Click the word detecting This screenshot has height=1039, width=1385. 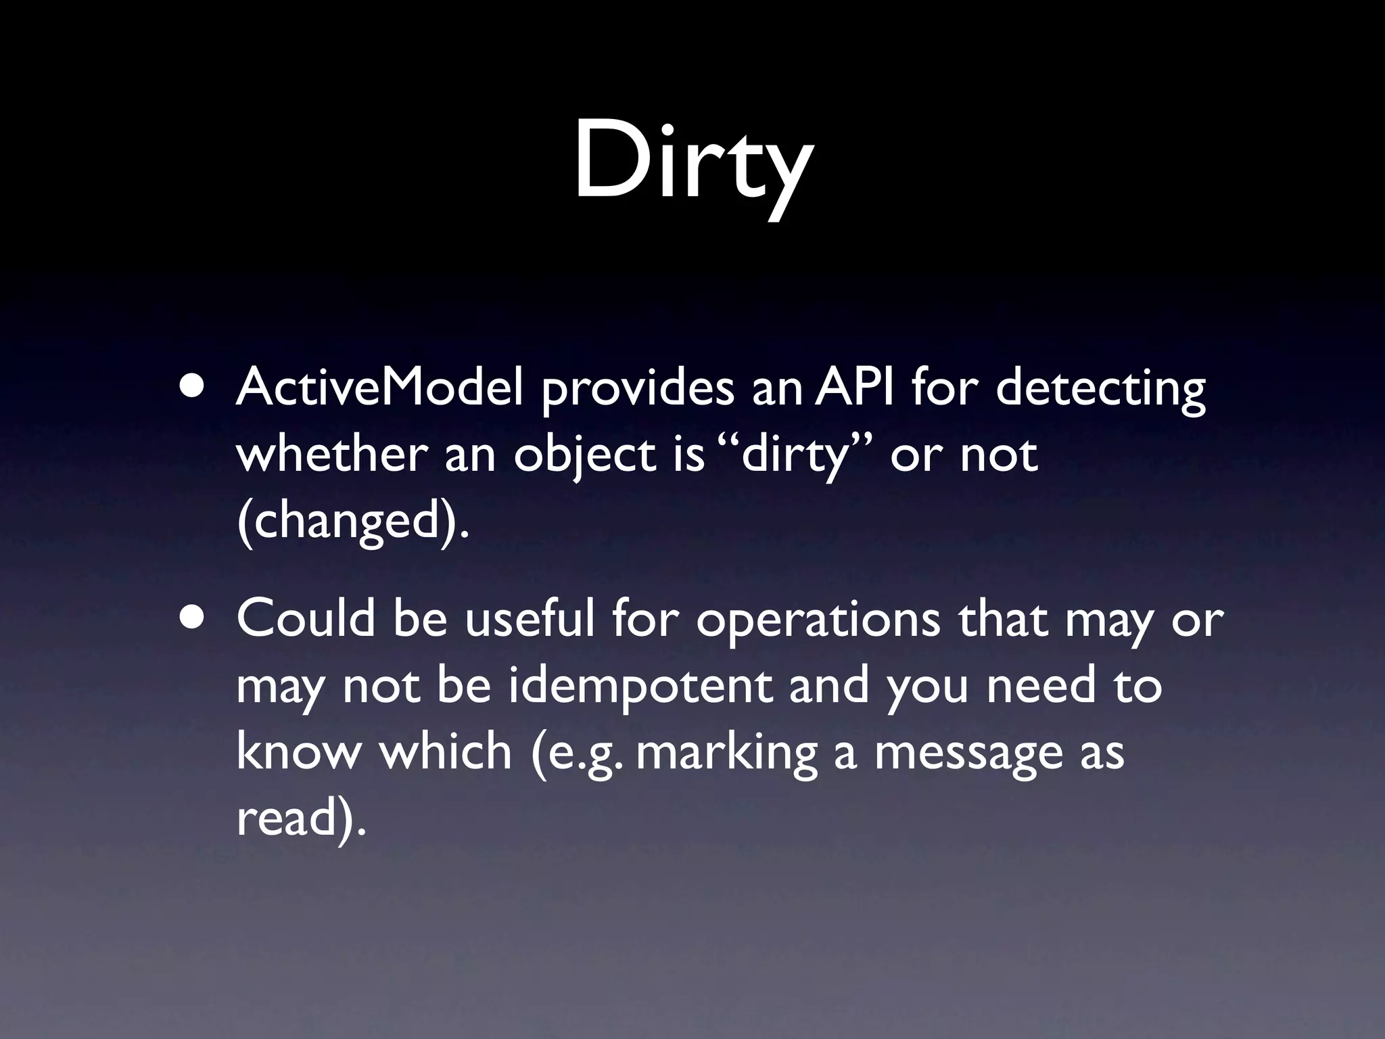point(1100,390)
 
